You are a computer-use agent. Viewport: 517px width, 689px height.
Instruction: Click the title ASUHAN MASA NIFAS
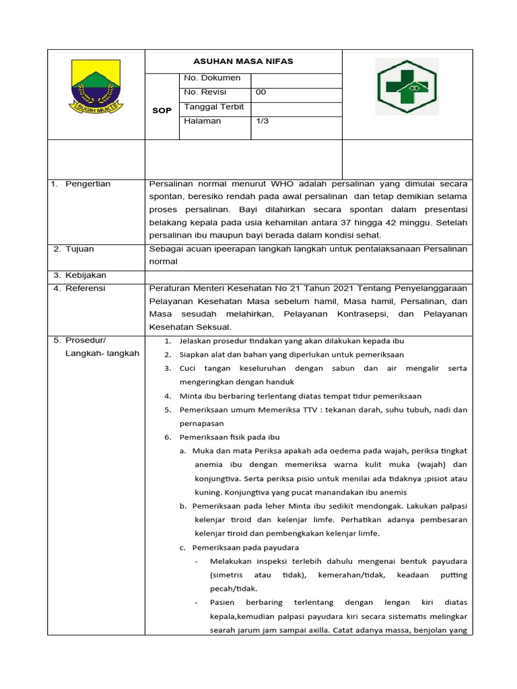tap(243, 61)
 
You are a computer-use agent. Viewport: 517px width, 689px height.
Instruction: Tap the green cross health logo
tap(407, 86)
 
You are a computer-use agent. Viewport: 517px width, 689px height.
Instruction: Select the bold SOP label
tap(162, 110)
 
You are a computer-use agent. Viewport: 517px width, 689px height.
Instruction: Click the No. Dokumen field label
tap(211, 78)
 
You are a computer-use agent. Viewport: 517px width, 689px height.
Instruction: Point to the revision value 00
tap(261, 92)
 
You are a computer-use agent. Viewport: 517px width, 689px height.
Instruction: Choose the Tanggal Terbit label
tap(213, 107)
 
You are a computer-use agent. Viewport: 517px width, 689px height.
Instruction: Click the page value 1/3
tap(262, 122)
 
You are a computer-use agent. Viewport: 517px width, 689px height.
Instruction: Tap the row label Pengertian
tap(88, 184)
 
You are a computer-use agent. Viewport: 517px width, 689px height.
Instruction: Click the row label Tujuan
tap(79, 249)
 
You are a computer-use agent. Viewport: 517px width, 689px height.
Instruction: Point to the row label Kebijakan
tap(85, 275)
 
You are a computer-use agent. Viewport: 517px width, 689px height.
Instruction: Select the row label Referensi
tap(85, 288)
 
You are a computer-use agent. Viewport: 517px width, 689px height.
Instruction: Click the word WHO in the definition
tap(281, 184)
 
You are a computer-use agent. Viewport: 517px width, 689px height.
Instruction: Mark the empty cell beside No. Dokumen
tap(296, 78)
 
